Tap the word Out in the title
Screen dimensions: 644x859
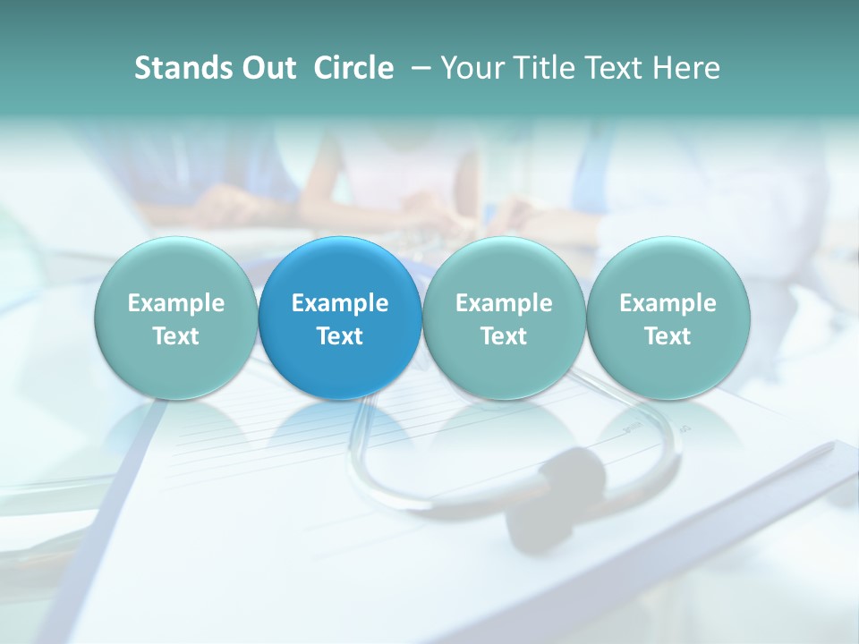[x=268, y=68]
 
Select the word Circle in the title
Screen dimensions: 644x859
[x=353, y=68]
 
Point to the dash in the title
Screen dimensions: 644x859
[x=418, y=68]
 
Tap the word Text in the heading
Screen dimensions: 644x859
[x=617, y=68]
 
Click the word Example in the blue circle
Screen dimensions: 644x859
[x=340, y=303]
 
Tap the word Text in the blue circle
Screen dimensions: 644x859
[x=340, y=336]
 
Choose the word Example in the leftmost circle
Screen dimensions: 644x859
[x=176, y=303]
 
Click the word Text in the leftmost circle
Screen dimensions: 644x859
[x=176, y=336]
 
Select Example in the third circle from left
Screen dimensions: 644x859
[x=504, y=303]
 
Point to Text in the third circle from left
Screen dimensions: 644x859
[x=504, y=336]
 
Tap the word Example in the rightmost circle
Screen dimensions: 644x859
[x=668, y=303]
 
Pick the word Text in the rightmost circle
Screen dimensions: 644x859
[x=668, y=336]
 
